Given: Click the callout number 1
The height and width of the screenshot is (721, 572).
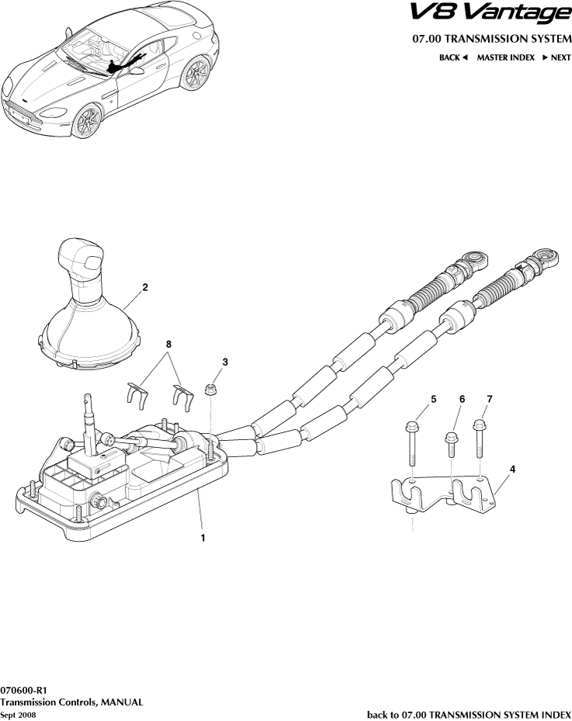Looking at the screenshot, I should [x=203, y=537].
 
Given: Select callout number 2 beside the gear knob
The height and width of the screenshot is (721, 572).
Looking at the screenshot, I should [x=145, y=286].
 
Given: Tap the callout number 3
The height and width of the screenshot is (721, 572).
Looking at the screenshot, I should [x=225, y=362].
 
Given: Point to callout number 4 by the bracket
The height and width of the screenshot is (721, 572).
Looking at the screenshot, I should [x=512, y=470].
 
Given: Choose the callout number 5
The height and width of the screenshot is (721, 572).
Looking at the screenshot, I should [x=433, y=399].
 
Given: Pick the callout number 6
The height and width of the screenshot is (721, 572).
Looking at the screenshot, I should [x=462, y=399].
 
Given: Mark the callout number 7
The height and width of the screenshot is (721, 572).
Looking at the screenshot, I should [x=490, y=399].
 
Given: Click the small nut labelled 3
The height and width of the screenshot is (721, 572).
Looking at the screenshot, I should [x=210, y=388].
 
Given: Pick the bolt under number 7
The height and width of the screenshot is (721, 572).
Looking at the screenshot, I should [x=478, y=438].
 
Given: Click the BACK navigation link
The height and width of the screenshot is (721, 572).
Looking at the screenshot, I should [x=453, y=57].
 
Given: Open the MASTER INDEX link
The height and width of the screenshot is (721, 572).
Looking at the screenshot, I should [x=505, y=57].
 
